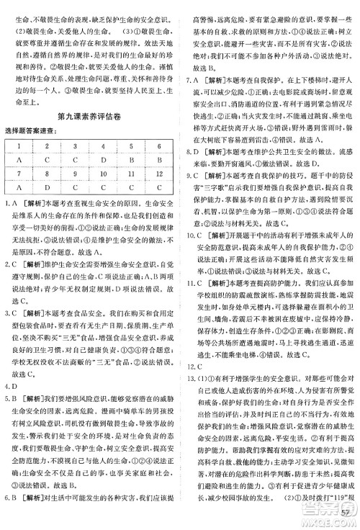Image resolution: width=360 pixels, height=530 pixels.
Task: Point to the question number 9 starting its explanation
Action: [191, 173]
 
